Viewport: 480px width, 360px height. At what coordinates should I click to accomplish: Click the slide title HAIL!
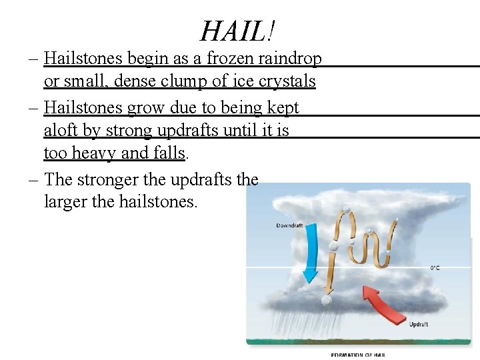coord(238,30)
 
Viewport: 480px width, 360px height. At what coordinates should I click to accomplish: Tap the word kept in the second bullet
coord(282,107)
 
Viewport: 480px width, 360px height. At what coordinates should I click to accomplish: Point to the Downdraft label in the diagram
coord(289,226)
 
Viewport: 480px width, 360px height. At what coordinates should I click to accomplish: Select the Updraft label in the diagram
coord(418,325)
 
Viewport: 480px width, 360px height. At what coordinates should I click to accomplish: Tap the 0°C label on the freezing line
coord(434,268)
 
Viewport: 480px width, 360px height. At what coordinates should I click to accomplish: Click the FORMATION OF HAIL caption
coord(358,355)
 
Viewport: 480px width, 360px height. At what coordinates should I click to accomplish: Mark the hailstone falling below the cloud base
coord(326,300)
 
